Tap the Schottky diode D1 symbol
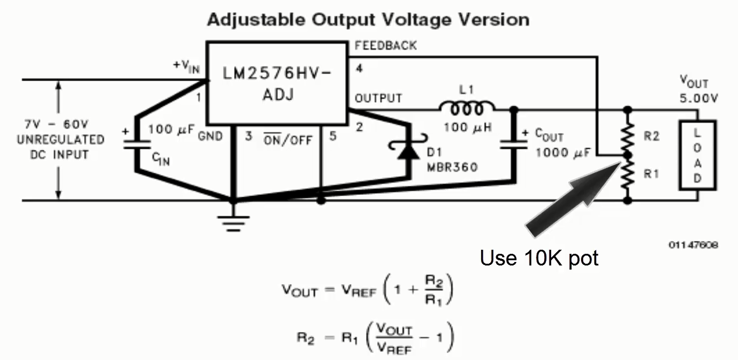408,151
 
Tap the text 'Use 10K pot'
539,257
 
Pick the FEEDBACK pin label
385,46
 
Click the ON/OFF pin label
287,140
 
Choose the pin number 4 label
359,69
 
